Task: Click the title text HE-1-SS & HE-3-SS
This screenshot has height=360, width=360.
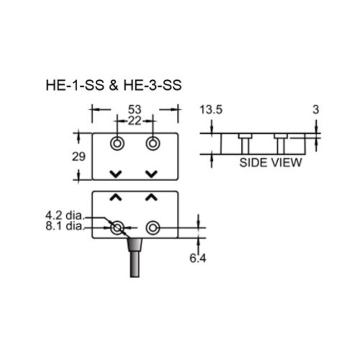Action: click(114, 84)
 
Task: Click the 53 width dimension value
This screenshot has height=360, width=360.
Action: click(134, 109)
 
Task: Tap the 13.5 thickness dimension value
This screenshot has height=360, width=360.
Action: click(212, 110)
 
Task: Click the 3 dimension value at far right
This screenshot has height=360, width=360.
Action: click(316, 110)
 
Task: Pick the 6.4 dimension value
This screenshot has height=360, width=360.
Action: click(198, 259)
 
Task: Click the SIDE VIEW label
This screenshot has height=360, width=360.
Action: click(271, 163)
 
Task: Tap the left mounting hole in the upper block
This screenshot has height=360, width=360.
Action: click(117, 143)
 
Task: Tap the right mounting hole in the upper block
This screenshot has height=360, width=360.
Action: click(152, 143)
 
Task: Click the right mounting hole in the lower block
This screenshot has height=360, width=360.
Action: click(152, 227)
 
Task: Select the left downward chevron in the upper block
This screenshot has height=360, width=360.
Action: click(116, 173)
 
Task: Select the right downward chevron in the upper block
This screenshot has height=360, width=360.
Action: click(151, 173)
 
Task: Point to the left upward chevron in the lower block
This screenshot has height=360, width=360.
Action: click(116, 197)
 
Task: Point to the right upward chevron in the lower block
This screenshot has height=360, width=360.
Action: click(151, 197)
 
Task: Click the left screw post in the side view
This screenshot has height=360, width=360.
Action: click(245, 143)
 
